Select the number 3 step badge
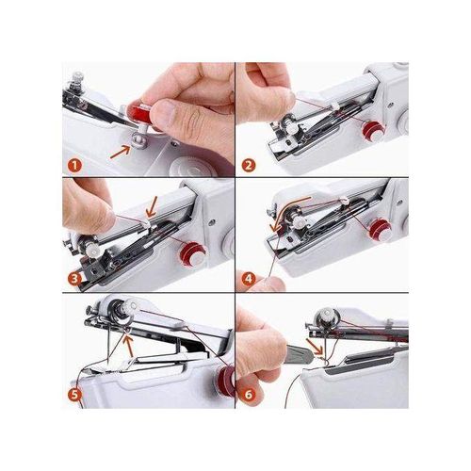tap(74, 280)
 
